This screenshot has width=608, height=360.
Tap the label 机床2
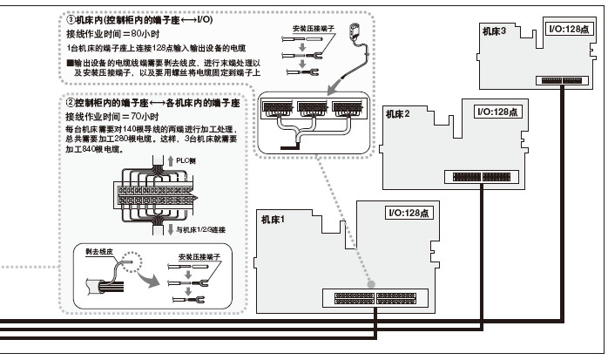click(x=397, y=113)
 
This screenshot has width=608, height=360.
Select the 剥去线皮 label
click(x=98, y=250)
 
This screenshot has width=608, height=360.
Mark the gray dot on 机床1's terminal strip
click(x=371, y=284)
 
